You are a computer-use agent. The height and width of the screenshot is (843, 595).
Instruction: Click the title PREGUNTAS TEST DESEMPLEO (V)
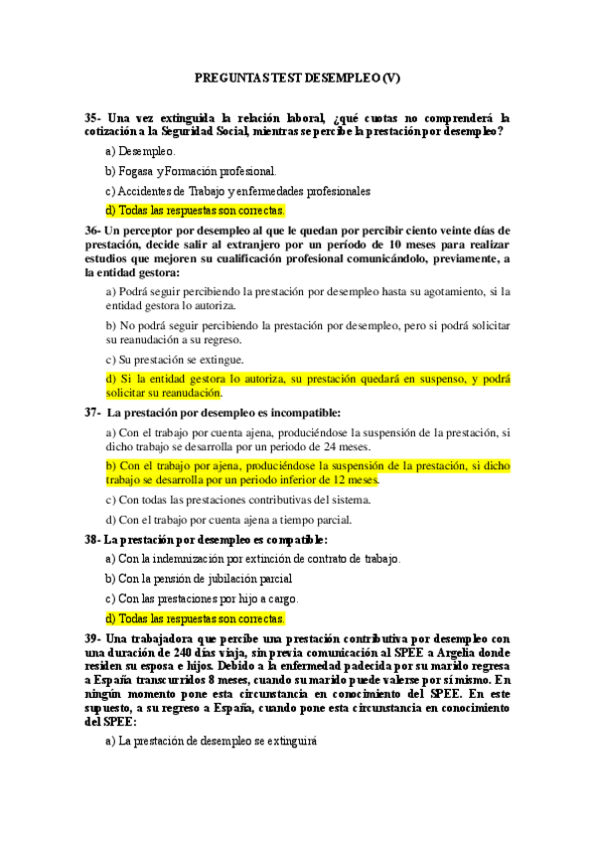click(x=297, y=78)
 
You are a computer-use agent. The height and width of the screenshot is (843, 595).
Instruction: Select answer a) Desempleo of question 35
click(x=140, y=151)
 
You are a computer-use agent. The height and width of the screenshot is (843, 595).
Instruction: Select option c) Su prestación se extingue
click(x=174, y=359)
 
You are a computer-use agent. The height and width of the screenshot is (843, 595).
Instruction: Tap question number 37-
click(x=93, y=412)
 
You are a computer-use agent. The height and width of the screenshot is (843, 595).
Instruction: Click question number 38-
click(x=92, y=539)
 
